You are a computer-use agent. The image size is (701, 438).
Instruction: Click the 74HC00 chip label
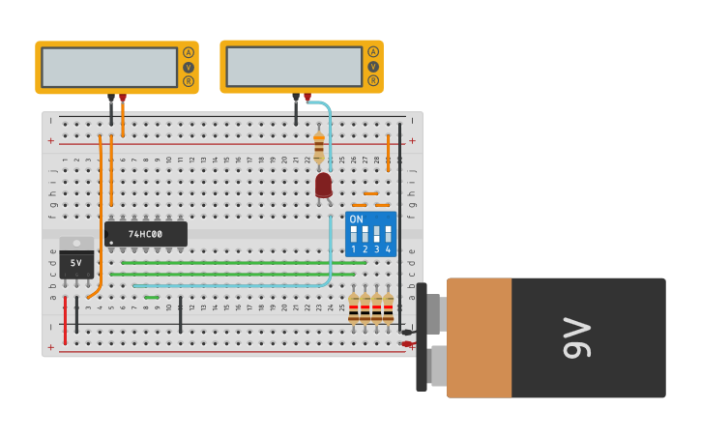click(146, 234)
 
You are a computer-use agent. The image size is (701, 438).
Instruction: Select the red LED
click(324, 184)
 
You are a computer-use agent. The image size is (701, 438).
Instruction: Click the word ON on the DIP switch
click(356, 219)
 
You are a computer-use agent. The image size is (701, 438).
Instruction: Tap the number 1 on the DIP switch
click(354, 249)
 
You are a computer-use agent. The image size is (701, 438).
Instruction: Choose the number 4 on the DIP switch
click(388, 249)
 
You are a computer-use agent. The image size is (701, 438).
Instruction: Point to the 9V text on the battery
click(577, 337)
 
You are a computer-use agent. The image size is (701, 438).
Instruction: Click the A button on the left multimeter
click(189, 52)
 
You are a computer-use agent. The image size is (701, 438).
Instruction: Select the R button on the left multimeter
click(189, 81)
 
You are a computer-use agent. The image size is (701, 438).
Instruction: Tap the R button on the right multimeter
click(373, 80)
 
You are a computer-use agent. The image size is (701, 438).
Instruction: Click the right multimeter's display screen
click(294, 66)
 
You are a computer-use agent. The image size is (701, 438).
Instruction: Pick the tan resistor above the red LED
click(319, 147)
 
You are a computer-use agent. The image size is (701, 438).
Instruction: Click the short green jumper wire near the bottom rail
click(152, 297)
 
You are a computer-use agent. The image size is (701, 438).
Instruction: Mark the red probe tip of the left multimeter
click(123, 98)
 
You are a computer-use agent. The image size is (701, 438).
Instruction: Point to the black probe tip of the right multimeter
click(296, 97)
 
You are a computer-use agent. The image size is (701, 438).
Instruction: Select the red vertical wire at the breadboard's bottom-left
click(65, 320)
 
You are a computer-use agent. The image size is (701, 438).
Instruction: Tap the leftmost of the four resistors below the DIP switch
click(354, 309)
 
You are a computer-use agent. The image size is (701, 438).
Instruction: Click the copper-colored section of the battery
click(479, 337)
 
